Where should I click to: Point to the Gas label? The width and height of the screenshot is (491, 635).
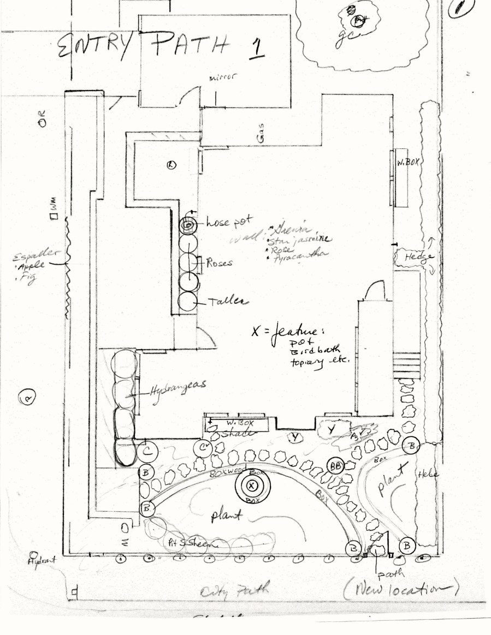(261, 139)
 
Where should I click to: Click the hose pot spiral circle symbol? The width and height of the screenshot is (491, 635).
(187, 224)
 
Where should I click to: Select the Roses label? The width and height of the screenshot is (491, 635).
(219, 263)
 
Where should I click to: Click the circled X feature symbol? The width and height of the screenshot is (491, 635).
(251, 485)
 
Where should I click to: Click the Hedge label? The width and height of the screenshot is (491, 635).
(413, 257)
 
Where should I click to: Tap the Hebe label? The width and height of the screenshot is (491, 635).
(427, 474)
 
